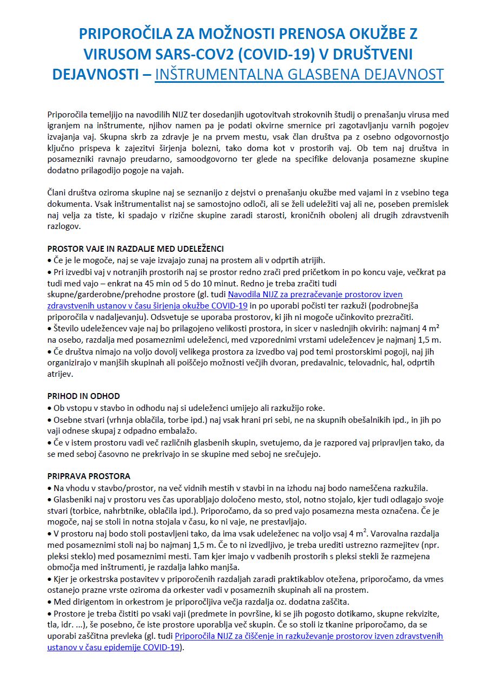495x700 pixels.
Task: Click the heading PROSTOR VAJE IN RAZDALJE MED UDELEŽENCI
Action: click(135, 249)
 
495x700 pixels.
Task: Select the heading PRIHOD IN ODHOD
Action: click(84, 396)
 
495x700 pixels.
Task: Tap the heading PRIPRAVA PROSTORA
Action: click(89, 476)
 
